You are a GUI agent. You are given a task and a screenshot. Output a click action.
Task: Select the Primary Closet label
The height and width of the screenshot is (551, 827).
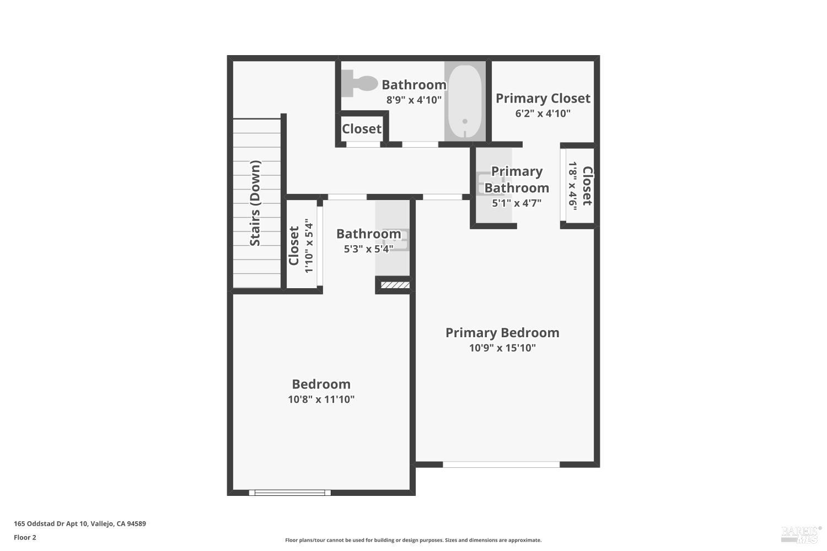tap(543, 98)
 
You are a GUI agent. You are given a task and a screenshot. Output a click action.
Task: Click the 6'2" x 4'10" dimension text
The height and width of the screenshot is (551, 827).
tap(543, 114)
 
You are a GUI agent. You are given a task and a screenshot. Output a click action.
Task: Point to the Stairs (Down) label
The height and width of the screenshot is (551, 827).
tap(255, 203)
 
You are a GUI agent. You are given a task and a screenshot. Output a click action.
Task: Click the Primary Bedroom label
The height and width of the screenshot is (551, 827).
tap(502, 332)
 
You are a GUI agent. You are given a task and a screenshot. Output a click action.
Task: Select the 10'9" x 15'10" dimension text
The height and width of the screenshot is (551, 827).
tap(502, 348)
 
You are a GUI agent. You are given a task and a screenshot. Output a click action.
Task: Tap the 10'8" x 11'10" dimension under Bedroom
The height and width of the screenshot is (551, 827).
tap(321, 399)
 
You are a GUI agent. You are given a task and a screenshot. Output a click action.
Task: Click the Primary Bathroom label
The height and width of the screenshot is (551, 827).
tap(517, 180)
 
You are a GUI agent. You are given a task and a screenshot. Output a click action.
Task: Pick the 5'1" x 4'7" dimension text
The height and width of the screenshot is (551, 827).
tap(517, 203)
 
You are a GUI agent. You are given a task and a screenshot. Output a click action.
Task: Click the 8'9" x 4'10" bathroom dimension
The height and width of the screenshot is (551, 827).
tap(413, 100)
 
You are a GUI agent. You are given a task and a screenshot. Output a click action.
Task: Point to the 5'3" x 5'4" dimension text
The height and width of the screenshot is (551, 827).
tap(368, 249)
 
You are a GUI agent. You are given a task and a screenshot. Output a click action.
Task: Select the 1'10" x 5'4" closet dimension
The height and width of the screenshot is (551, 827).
tap(309, 246)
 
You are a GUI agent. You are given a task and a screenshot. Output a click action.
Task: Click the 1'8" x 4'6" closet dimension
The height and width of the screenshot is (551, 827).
tap(573, 186)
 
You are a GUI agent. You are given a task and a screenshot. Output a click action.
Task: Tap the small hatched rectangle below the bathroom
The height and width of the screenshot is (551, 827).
tap(395, 285)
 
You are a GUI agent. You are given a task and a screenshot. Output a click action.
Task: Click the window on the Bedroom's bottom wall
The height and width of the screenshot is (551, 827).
tap(290, 493)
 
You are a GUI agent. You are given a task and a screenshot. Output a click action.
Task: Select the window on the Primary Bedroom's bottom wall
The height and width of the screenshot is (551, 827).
tap(501, 464)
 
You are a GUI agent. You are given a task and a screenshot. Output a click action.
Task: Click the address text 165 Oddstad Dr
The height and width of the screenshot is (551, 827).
tap(79, 524)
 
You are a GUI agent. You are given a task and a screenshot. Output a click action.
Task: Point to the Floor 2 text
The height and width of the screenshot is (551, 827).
tap(25, 537)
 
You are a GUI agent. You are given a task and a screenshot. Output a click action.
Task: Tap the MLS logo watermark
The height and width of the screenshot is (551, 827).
tap(801, 533)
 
